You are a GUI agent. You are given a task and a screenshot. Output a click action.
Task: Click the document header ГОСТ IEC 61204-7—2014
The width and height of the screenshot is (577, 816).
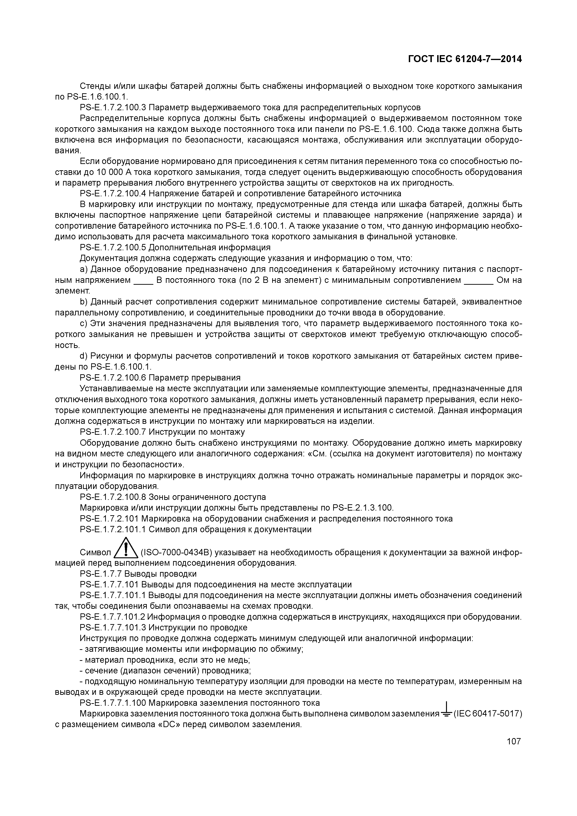[x=465, y=59]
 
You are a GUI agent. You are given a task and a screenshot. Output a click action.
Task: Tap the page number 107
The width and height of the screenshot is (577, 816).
[x=514, y=741]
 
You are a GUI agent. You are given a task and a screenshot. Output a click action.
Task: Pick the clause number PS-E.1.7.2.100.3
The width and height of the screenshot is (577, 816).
[x=113, y=107]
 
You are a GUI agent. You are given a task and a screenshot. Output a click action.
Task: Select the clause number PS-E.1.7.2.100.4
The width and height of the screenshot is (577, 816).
[x=113, y=194]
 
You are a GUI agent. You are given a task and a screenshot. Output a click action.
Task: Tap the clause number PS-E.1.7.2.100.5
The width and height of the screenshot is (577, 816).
[x=113, y=247]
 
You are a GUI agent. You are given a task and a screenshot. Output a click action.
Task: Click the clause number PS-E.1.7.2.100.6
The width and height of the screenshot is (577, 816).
[x=113, y=378]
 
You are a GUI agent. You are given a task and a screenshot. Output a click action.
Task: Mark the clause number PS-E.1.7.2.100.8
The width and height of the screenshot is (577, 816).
[x=113, y=497]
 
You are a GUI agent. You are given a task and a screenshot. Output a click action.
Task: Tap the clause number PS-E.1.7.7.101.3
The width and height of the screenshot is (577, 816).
[x=113, y=627]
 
